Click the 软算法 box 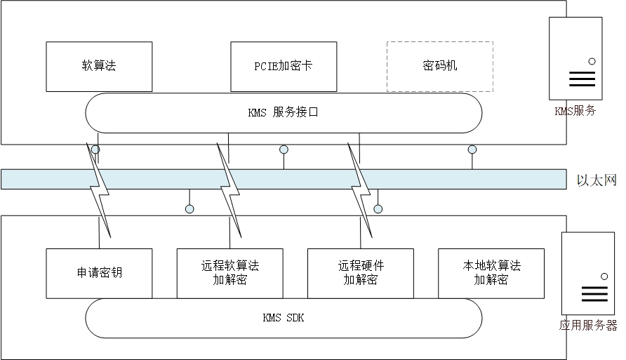[99, 67]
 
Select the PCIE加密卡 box [283, 67]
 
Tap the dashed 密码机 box [440, 67]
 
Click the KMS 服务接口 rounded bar [284, 113]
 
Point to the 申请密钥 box [99, 273]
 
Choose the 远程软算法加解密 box [229, 273]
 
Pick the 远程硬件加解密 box [360, 273]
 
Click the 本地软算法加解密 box [491, 273]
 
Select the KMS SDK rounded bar [284, 318]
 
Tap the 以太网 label [596, 180]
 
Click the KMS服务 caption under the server [575, 111]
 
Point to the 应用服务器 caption [588, 326]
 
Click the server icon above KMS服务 [576, 59]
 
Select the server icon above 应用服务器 [588, 273]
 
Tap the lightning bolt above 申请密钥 [99, 189]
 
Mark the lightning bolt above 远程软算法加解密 [229, 189]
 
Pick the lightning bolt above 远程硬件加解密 [360, 189]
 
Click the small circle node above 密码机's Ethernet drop [472, 149]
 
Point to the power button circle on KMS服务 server [592, 62]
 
